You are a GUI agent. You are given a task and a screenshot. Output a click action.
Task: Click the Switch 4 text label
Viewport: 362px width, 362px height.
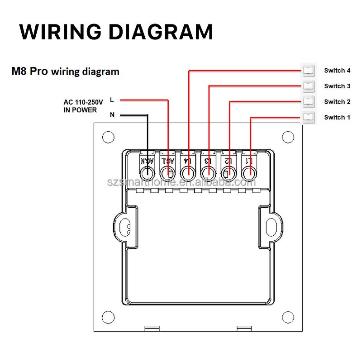click(337, 71)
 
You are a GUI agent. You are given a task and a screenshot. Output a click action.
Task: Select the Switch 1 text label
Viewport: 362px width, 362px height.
click(337, 118)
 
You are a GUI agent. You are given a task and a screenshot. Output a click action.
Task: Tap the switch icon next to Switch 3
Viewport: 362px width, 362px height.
click(308, 86)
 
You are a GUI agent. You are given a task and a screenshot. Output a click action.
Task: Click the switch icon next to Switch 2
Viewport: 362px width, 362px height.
click(308, 102)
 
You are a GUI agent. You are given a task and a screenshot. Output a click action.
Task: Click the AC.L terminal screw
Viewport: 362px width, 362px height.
click(168, 173)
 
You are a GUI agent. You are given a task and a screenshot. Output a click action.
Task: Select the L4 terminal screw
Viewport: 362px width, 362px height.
click(188, 173)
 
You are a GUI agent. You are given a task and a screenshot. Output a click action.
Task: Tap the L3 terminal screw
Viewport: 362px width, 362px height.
click(208, 173)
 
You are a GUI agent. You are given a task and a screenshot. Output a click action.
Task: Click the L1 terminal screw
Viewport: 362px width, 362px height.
click(248, 173)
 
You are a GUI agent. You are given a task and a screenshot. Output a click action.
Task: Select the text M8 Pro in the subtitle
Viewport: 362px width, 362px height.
click(29, 71)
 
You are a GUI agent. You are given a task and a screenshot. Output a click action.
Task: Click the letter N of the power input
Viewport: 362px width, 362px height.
click(112, 115)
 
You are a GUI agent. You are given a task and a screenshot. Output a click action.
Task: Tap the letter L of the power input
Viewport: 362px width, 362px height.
click(112, 99)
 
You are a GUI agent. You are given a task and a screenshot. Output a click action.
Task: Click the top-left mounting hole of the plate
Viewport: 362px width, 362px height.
click(108, 137)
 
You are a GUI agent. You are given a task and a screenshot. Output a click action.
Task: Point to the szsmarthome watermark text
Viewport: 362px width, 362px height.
click(181, 182)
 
